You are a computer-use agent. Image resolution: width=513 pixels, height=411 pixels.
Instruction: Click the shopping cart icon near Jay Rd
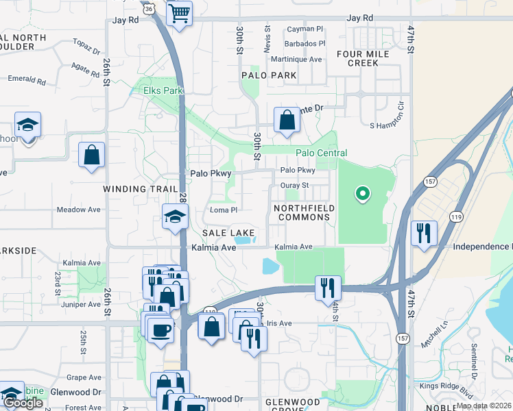tap(179, 13)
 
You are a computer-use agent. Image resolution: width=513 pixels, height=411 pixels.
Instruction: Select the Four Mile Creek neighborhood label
tap(358, 58)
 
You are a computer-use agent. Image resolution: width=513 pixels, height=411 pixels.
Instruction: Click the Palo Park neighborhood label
tap(269, 75)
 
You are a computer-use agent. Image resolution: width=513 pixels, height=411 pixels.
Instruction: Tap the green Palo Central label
tap(321, 153)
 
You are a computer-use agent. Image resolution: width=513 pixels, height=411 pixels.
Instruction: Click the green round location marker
tap(362, 195)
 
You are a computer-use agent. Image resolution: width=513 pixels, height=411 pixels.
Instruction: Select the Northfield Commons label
tap(303, 212)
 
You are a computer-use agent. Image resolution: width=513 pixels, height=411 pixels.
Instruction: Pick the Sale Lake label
tap(228, 234)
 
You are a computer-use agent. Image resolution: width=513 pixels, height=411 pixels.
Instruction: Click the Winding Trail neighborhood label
tap(134, 188)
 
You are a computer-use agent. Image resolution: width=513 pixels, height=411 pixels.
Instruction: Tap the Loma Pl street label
tap(224, 210)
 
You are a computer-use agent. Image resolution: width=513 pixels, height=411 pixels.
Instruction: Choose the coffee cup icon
tap(162, 329)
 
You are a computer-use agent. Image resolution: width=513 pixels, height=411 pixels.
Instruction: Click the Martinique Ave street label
tap(296, 60)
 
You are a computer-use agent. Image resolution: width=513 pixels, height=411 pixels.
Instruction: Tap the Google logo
tap(23, 403)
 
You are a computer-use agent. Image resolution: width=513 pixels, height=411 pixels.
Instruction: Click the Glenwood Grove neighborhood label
tap(293, 405)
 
